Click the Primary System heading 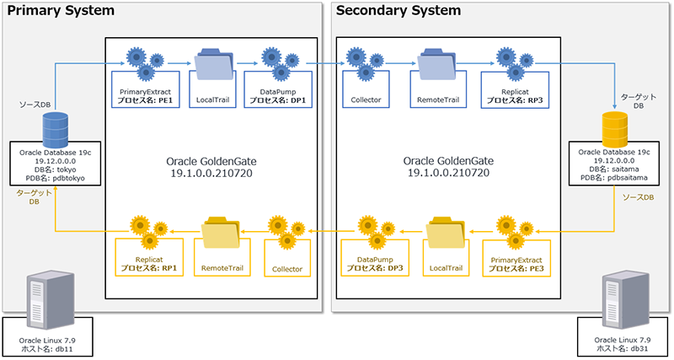[x=60, y=11]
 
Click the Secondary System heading [x=398, y=11]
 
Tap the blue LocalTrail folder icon [x=211, y=63]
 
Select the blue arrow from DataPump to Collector [x=318, y=63]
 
